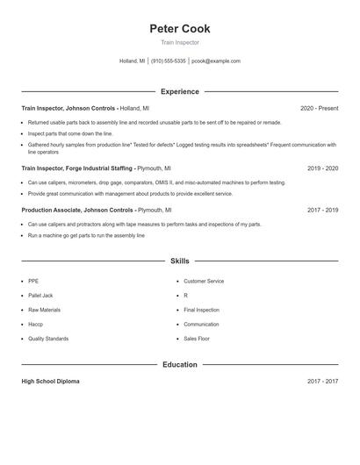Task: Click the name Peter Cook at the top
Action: (180, 29)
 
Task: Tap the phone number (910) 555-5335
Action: (168, 61)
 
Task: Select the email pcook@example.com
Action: (216, 61)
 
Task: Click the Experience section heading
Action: (180, 91)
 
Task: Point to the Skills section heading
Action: (180, 261)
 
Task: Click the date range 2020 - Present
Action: (319, 108)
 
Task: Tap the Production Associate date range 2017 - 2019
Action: (323, 211)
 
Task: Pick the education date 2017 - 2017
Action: (323, 382)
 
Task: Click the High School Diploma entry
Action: (52, 382)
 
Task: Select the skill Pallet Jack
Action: (40, 296)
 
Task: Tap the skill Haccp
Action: (36, 325)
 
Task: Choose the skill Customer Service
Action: (204, 282)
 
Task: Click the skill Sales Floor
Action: (197, 339)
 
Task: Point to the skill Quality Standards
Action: (47, 339)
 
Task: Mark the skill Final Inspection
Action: (201, 310)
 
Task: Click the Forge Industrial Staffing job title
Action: (76, 168)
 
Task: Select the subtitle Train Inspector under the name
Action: (180, 42)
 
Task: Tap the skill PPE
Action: (33, 282)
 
